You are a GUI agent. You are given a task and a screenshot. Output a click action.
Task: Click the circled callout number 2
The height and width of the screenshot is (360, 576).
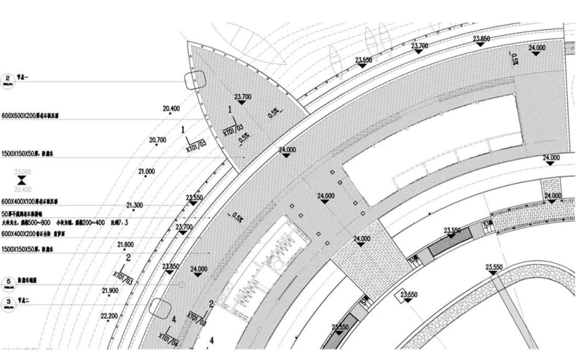click(x=8, y=78)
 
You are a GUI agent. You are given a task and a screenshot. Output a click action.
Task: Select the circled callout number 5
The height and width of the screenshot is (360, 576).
click(x=8, y=280)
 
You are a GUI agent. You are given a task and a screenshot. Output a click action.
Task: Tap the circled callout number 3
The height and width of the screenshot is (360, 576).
click(x=8, y=301)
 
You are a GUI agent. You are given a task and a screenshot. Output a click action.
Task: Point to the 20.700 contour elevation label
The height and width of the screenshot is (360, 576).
click(x=157, y=140)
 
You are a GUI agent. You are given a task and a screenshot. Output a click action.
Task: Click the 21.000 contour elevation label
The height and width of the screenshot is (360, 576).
click(x=146, y=172)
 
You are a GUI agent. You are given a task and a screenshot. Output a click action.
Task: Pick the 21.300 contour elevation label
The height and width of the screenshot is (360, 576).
click(x=134, y=205)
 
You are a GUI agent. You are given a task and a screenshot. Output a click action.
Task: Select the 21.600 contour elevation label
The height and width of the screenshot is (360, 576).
click(x=126, y=244)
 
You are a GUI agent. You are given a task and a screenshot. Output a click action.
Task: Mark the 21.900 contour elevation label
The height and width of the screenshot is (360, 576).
click(x=110, y=290)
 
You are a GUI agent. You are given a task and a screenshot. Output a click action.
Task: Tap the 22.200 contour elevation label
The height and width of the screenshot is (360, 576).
click(x=109, y=316)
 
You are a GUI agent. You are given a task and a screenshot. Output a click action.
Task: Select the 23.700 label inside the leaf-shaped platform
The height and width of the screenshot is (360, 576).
click(x=243, y=97)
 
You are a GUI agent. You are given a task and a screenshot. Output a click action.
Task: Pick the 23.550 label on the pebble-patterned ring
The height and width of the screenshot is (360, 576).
click(x=494, y=267)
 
